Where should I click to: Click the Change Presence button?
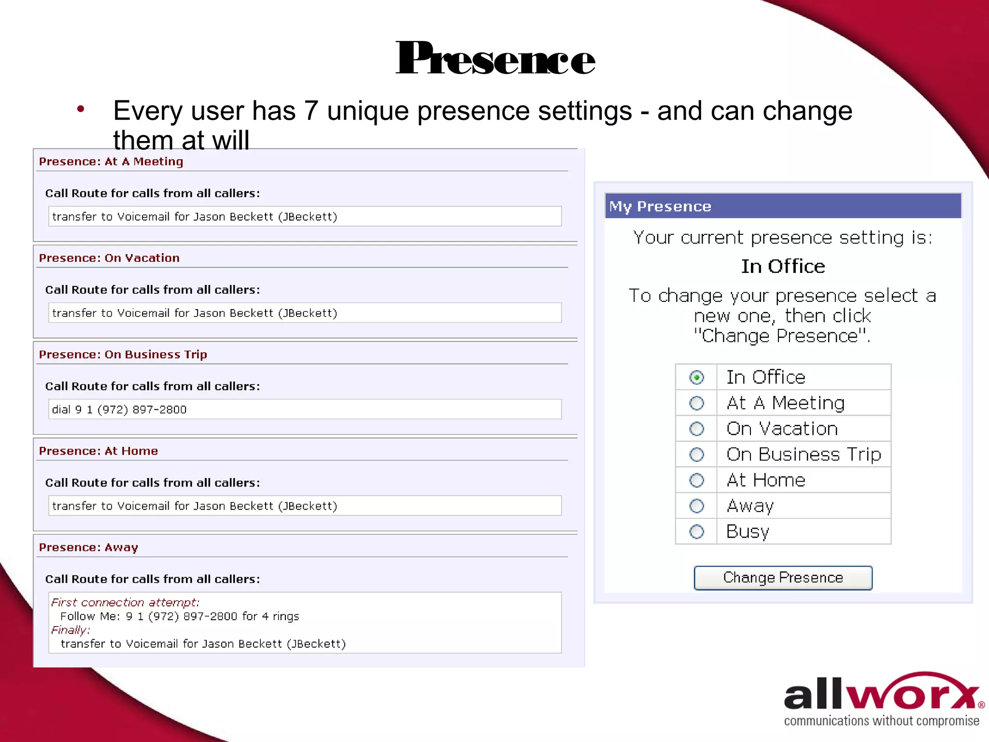[783, 578]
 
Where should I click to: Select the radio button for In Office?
[696, 377]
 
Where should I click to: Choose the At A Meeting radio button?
[696, 403]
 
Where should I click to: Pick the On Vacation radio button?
[696, 428]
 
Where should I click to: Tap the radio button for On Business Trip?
[696, 455]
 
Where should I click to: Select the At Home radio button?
[696, 480]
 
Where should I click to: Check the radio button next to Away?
[696, 506]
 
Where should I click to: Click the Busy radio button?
[696, 532]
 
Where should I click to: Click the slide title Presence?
[495, 59]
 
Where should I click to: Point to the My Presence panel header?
[782, 206]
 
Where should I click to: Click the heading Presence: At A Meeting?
[111, 161]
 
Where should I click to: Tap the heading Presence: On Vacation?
[109, 258]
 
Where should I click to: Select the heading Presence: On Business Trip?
[123, 355]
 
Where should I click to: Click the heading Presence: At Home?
[99, 451]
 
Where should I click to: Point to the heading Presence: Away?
[88, 547]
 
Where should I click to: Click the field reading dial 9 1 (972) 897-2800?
[304, 410]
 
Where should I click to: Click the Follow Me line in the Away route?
[180, 616]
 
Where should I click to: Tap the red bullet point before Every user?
[81, 110]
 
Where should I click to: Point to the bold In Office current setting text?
[783, 267]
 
